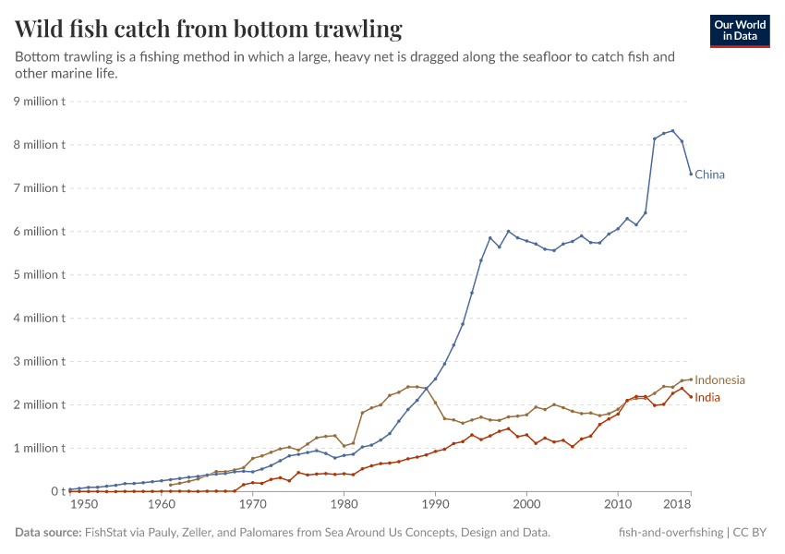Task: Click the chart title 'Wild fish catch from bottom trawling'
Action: click(x=209, y=30)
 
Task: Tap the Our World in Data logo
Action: click(x=739, y=30)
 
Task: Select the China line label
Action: click(x=709, y=175)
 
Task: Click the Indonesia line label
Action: click(x=719, y=379)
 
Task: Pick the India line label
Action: click(x=707, y=398)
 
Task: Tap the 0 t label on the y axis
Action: click(x=56, y=492)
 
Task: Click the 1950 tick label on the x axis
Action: click(x=83, y=506)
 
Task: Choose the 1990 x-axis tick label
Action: click(x=435, y=506)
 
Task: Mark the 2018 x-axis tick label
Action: click(x=677, y=506)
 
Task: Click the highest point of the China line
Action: click(x=672, y=131)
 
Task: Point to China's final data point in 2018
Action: click(x=691, y=174)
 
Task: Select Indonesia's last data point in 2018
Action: click(x=691, y=379)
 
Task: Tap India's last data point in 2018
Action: click(x=691, y=397)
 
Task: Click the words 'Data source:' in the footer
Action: click(x=48, y=533)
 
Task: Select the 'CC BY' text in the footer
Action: click(x=752, y=533)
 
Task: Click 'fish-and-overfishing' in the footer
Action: click(x=670, y=533)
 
